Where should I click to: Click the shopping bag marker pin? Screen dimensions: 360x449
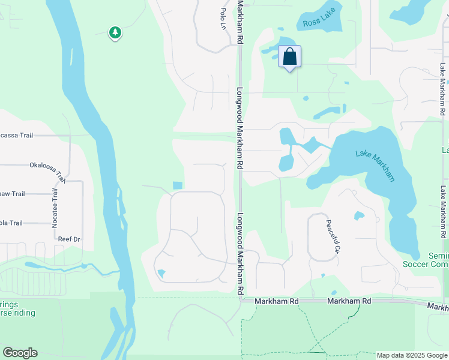289,58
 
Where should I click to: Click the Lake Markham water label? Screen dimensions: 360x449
376,162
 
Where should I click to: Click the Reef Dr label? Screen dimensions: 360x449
69,239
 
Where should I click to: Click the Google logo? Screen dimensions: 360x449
20,353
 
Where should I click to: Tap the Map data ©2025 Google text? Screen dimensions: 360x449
411,355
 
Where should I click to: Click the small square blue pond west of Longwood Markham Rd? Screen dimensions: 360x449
176,185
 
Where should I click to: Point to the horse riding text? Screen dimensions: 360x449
18,313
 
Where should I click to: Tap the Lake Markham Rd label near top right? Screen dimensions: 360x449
442,90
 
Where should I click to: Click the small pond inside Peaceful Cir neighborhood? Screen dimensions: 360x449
359,215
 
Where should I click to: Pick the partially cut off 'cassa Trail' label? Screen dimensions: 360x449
16,135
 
